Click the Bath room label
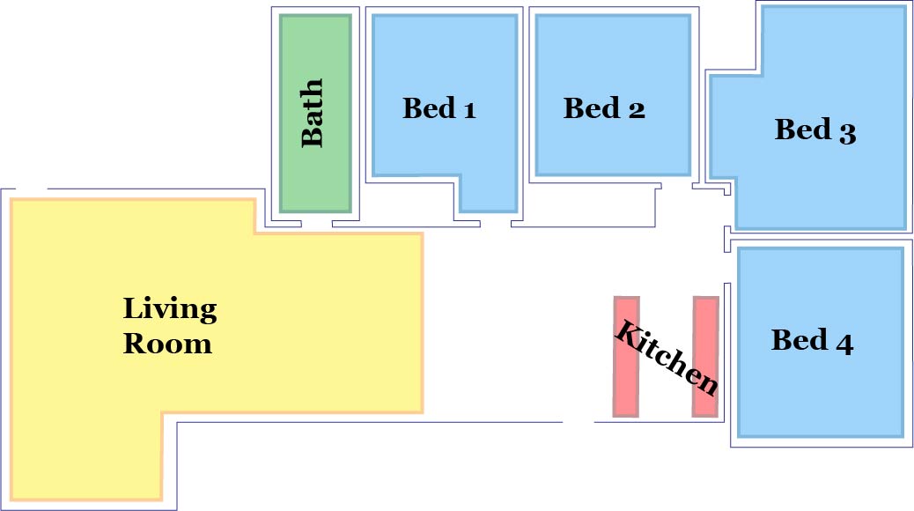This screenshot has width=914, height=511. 313,113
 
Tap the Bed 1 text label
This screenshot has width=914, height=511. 439,108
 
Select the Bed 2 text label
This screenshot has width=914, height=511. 604,108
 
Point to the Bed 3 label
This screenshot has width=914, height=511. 815,130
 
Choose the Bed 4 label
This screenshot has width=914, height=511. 812,340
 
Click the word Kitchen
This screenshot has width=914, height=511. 666,358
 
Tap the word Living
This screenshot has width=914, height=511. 170,309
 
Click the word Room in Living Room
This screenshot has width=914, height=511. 167,343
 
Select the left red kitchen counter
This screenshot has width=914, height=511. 625,356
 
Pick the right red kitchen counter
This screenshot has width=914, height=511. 705,356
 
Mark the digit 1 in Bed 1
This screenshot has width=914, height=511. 468,110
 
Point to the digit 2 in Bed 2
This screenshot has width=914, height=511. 636,109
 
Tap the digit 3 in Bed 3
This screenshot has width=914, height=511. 846,132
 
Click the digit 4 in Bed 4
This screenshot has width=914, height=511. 844,342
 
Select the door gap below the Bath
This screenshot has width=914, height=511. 316,224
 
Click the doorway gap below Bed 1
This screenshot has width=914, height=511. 496,226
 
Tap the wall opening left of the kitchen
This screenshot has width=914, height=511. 579,422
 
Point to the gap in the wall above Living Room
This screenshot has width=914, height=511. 31,189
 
